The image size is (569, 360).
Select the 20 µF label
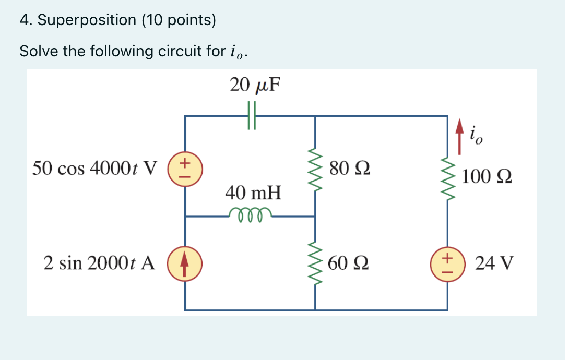(x=255, y=85)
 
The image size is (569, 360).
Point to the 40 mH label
(x=253, y=193)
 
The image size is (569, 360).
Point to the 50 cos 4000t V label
(x=94, y=169)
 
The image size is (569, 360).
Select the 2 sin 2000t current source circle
(x=185, y=262)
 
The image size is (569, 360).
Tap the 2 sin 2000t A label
(x=99, y=263)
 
